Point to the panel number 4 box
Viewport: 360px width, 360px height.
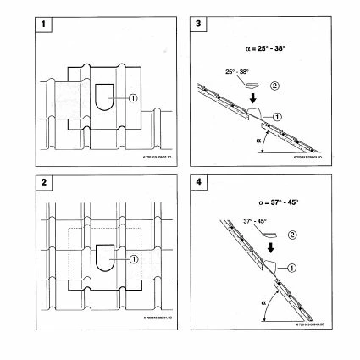(x=200, y=189)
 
